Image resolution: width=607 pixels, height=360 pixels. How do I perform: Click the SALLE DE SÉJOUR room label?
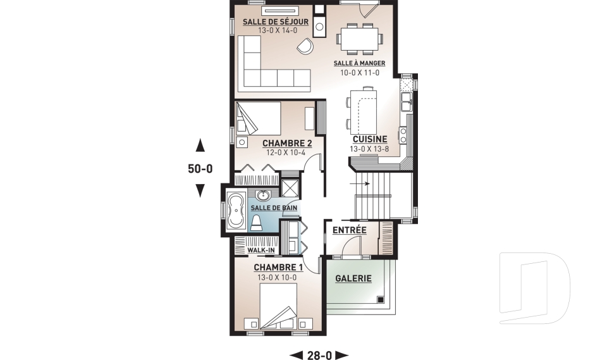pos(276,22)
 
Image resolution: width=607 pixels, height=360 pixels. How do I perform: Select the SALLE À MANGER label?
pos(360,63)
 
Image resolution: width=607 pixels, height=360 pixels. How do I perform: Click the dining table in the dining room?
pos(360,39)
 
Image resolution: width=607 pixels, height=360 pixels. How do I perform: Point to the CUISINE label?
pos(370,139)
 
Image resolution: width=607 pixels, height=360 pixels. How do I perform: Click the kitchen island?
pos(363,111)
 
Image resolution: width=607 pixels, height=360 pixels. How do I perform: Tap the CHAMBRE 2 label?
pos(287,144)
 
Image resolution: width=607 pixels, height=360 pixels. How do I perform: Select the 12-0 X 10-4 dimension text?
pos(286,152)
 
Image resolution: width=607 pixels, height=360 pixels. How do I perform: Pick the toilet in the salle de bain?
pos(256,223)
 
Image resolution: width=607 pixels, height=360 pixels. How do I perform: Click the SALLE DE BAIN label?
pos(274,208)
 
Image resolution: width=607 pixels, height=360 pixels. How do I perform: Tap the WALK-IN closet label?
pos(261,251)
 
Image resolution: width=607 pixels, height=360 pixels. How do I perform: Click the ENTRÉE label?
pos(350,230)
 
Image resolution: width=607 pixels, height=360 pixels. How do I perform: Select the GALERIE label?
pos(353,278)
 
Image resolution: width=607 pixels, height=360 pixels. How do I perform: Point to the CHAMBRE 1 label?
pos(278,268)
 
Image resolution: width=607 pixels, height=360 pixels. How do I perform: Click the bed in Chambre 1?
pos(278,306)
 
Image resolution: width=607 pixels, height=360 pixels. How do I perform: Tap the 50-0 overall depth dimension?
pos(200,169)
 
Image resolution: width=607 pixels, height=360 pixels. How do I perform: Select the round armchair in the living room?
pos(305,46)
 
